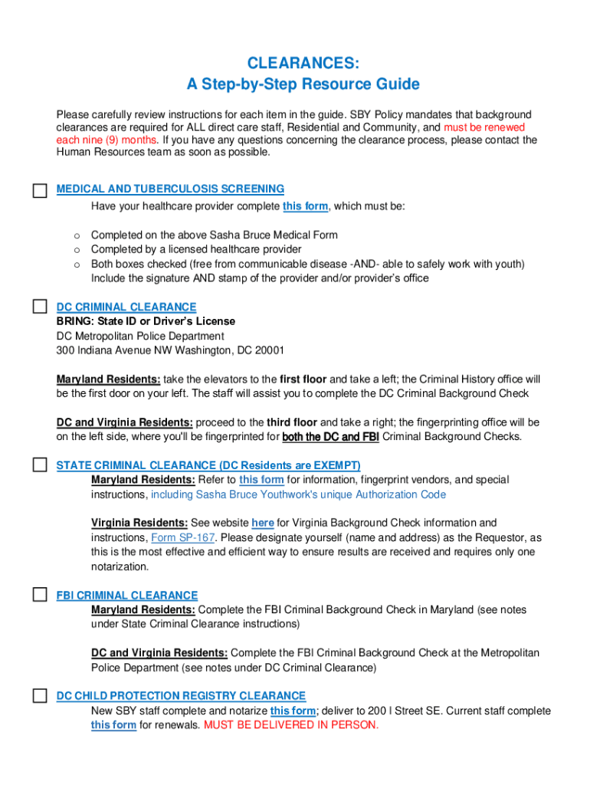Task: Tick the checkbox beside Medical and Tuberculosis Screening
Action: click(40, 191)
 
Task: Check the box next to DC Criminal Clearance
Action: click(40, 307)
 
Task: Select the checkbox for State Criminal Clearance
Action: click(40, 465)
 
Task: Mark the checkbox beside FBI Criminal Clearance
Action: click(40, 595)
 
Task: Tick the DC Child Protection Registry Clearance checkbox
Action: click(40, 696)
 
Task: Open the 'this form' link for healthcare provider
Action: click(306, 206)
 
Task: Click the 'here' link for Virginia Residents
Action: click(263, 523)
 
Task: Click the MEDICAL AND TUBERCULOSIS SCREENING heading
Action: click(170, 189)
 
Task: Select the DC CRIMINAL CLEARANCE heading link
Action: click(126, 307)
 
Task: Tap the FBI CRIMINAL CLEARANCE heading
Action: click(127, 595)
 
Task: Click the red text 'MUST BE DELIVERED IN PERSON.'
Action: click(291, 725)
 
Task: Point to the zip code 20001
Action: click(269, 350)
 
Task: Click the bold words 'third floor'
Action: click(292, 422)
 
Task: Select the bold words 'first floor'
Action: click(303, 379)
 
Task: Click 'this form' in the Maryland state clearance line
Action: click(261, 480)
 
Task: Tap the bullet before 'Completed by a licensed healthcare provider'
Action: click(77, 249)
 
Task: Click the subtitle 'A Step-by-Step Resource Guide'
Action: click(303, 84)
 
